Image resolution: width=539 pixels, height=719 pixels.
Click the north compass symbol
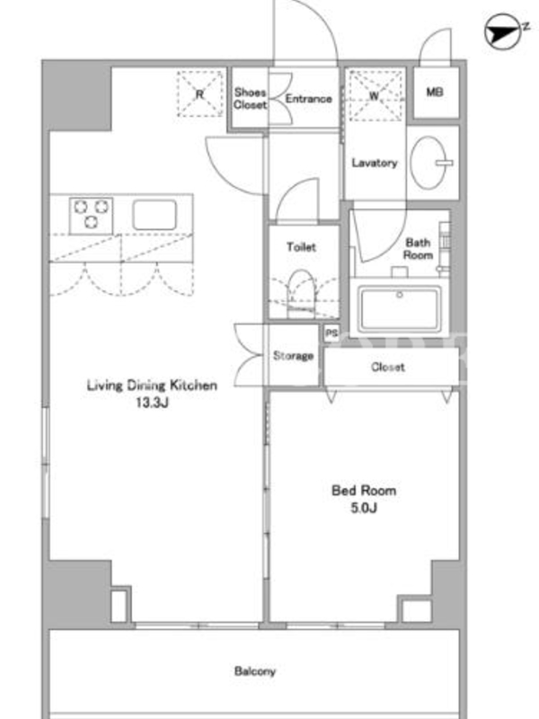504,31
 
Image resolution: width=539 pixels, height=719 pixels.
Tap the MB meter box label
435,92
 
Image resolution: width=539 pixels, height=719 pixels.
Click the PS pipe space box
331,333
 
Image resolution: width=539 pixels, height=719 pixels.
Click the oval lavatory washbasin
429,163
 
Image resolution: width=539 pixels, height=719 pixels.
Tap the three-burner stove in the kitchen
92,216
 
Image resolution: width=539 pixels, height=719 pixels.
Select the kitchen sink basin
155,215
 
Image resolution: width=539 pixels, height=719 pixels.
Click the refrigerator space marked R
199,94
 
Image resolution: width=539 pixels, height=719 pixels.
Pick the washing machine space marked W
375,95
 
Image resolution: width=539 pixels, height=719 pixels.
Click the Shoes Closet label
250,98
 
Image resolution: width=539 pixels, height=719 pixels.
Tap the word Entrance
308,99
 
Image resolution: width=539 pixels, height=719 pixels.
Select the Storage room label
294,355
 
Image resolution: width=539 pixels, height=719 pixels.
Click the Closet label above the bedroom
388,367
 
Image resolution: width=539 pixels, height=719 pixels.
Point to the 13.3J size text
152,403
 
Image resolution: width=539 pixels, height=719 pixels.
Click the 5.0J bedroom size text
364,508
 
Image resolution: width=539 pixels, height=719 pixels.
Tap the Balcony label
255,671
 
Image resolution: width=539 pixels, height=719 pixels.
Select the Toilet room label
301,246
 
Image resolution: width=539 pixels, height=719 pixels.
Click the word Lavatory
375,163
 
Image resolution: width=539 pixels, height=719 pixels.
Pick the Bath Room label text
418,249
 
